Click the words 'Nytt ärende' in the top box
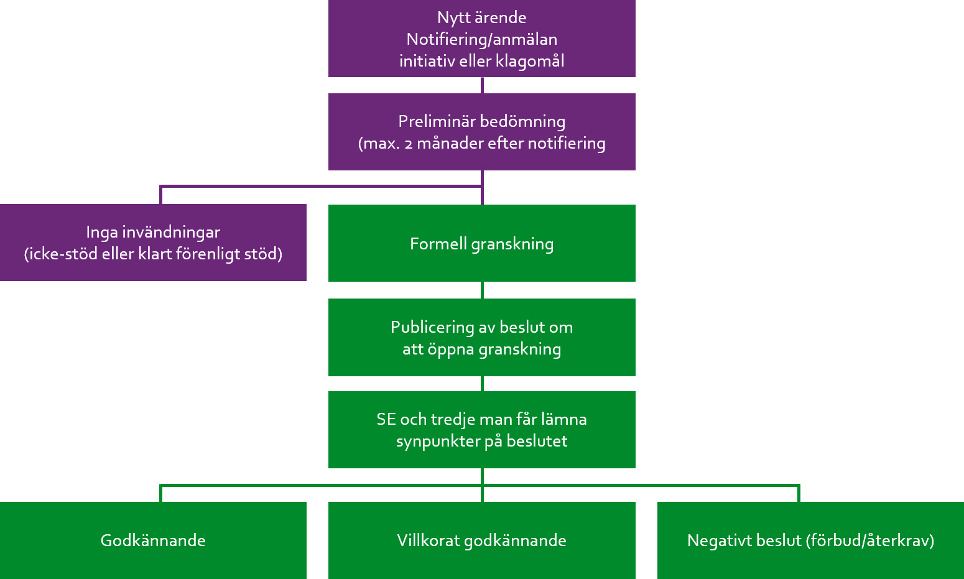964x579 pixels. pyautogui.click(x=481, y=17)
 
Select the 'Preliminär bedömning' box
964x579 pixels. pyautogui.click(x=481, y=132)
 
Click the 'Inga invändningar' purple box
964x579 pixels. pyautogui.click(x=153, y=243)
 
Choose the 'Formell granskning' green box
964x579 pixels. pyautogui.click(x=481, y=243)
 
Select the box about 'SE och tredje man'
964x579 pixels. pyautogui.click(x=481, y=430)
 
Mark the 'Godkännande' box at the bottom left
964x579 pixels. pyautogui.click(x=153, y=540)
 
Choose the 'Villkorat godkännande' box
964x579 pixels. pyautogui.click(x=481, y=540)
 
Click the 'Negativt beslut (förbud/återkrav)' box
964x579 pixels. pyautogui.click(x=810, y=540)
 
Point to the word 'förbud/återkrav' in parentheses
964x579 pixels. pyautogui.click(x=870, y=540)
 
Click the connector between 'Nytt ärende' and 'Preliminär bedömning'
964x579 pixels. pyautogui.click(x=483, y=85)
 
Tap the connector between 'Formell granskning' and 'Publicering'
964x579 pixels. pyautogui.click(x=483, y=290)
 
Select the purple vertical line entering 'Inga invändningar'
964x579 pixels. pyautogui.click(x=161, y=195)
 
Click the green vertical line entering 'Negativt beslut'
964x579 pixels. pyautogui.click(x=799, y=494)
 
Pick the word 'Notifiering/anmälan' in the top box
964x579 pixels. pyautogui.click(x=481, y=39)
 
